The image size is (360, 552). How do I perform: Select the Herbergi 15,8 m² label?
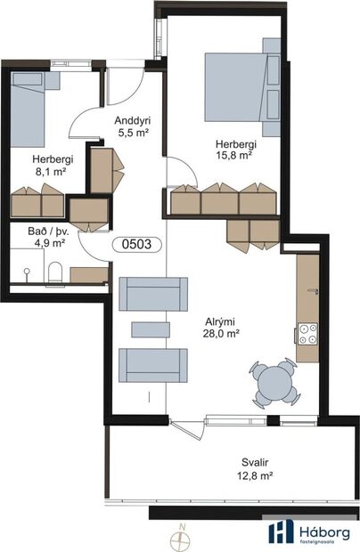coord(233,148)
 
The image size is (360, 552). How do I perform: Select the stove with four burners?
coord(307,334)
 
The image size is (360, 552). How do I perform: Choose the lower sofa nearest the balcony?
coord(154,364)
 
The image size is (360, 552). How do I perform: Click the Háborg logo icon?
coord(281,532)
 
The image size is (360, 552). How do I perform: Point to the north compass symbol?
coord(182,536)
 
